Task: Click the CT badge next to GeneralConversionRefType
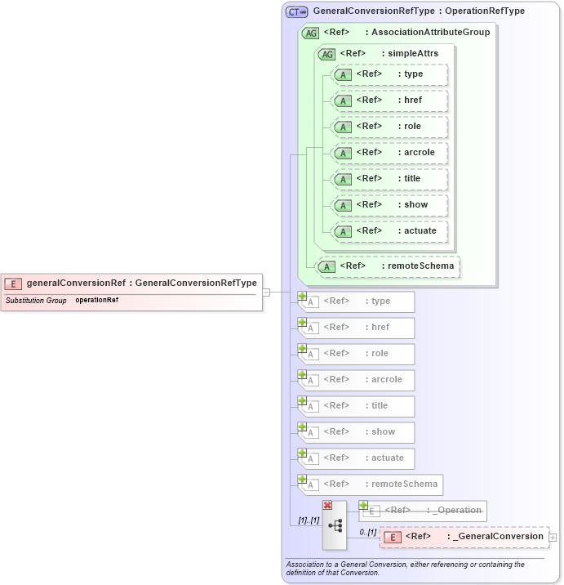(x=296, y=11)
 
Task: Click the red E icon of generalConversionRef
(x=13, y=284)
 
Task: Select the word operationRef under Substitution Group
(x=97, y=300)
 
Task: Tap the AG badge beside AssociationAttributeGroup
(x=310, y=33)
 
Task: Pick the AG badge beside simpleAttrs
(x=326, y=54)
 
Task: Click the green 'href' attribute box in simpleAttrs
(x=390, y=100)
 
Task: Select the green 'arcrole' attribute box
(x=390, y=153)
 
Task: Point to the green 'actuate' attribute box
(x=390, y=231)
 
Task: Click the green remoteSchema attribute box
(x=388, y=266)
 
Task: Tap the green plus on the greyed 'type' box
(x=302, y=296)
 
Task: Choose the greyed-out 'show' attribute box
(x=357, y=432)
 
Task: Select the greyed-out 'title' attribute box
(x=357, y=406)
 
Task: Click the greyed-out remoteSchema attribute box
(x=371, y=485)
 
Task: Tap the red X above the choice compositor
(x=327, y=506)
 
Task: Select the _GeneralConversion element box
(x=464, y=537)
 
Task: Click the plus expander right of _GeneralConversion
(x=553, y=537)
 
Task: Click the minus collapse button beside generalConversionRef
(x=266, y=292)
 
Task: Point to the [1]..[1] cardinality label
(x=309, y=520)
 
